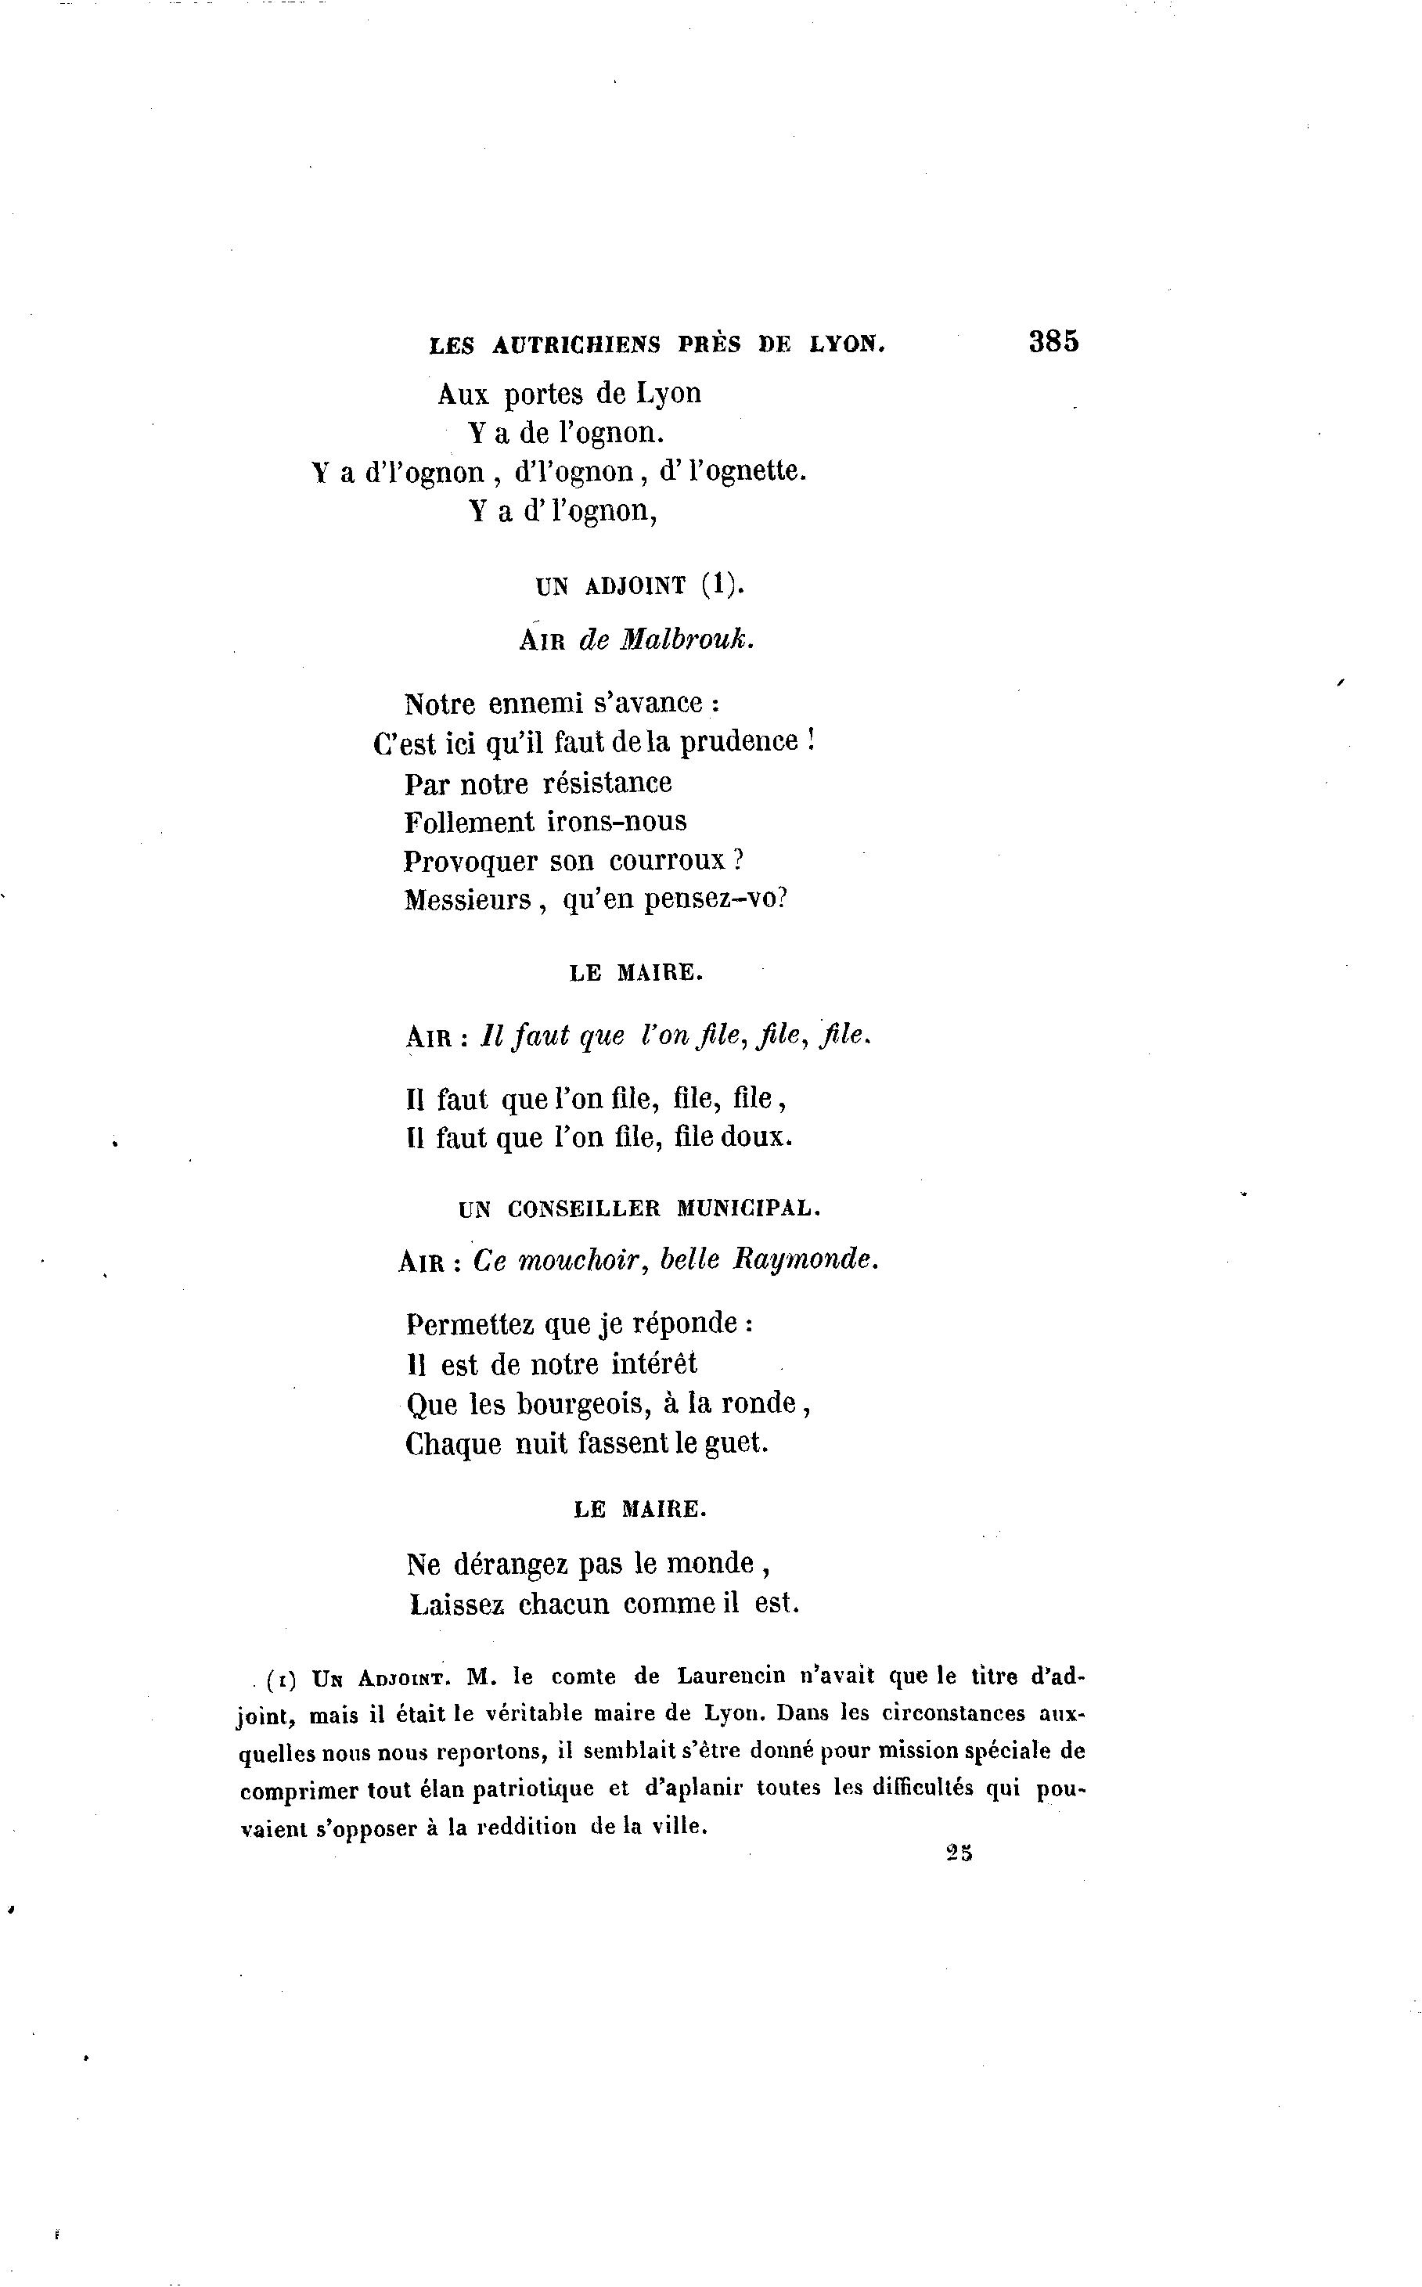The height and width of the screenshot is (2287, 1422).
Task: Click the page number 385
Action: point(1053,340)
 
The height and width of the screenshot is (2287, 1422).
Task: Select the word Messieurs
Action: point(467,901)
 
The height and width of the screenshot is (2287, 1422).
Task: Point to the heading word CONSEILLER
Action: point(584,1209)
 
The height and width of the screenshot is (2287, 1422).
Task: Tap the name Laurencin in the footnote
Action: point(731,1677)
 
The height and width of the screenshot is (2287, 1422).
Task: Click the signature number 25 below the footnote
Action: point(959,1853)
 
